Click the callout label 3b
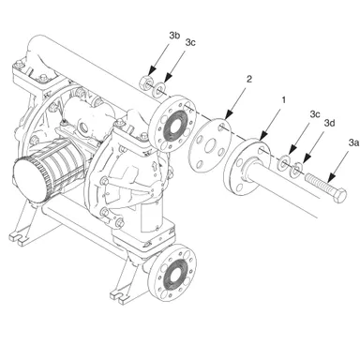[173, 37]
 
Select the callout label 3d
[329, 123]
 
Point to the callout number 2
[248, 82]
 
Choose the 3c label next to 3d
[314, 114]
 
